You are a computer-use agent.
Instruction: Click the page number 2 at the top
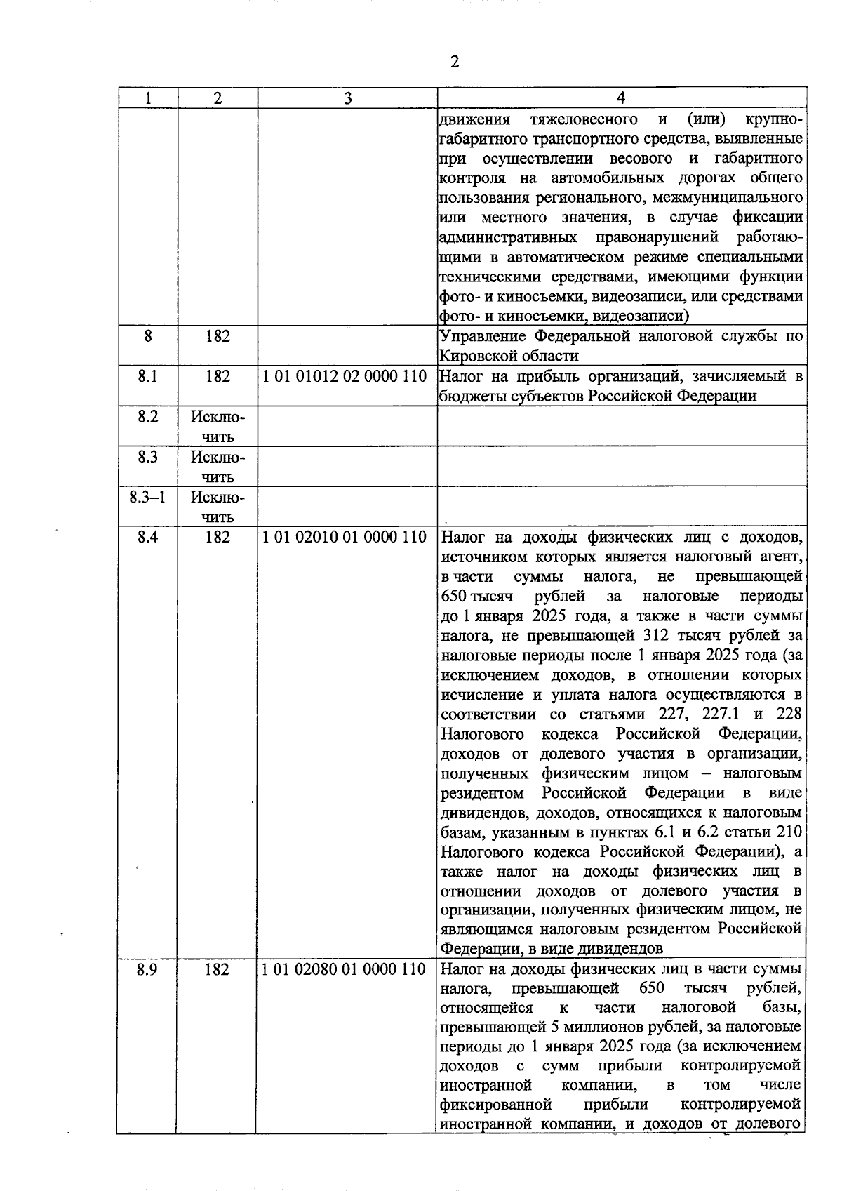pos(455,62)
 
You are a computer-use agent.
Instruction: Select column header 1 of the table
pos(148,98)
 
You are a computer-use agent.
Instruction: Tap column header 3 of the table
pos(348,98)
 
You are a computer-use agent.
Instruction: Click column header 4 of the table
pos(622,98)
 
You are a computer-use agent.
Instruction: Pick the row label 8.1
pos(147,376)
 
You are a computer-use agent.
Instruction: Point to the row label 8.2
pos(147,417)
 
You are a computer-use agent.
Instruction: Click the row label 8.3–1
pos(147,498)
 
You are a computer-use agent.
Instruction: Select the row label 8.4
pos(147,538)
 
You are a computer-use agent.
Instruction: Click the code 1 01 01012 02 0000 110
pos(345,376)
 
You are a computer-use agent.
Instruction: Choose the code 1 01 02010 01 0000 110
pos(345,538)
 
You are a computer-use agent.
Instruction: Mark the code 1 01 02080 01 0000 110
pos(344,969)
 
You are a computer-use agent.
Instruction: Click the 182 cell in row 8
pos(218,336)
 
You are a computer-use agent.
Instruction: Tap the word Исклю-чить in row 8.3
pos(218,467)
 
